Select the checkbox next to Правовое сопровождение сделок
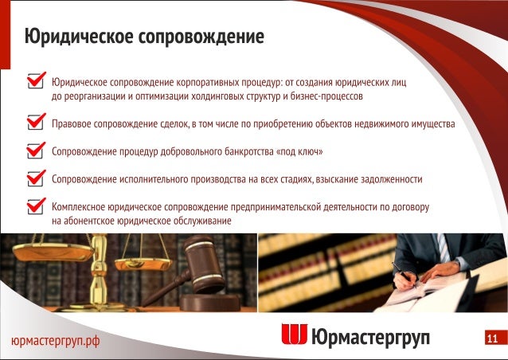pyautogui.click(x=36, y=121)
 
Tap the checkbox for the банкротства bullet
pyautogui.click(x=36, y=151)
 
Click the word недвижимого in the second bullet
pyautogui.click(x=371, y=124)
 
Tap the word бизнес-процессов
pyautogui.click(x=326, y=96)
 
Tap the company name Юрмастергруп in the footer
pyautogui.click(x=370, y=337)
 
